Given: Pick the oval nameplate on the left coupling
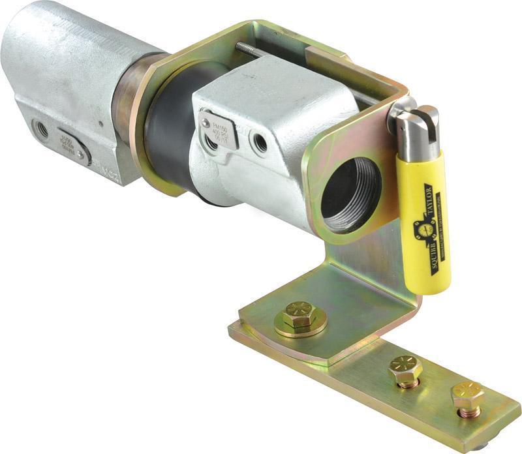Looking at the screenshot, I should coord(74,145).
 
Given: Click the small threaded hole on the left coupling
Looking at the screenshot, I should coord(41,128).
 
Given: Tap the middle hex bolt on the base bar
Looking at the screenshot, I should coord(405,371).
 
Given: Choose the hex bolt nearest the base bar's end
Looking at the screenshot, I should coord(467,395).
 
